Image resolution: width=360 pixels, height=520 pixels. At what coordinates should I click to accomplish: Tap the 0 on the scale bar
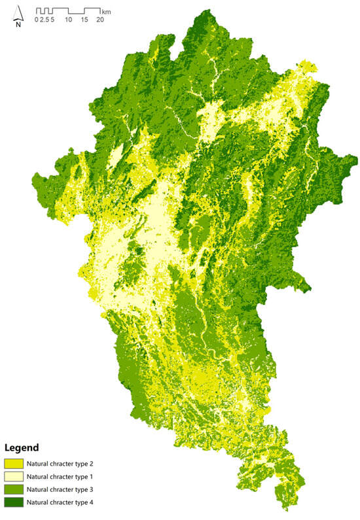click(x=37, y=20)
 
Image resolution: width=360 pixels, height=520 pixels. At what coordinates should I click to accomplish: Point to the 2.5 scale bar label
click(x=45, y=20)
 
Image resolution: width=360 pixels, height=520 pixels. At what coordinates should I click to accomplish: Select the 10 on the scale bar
click(x=68, y=20)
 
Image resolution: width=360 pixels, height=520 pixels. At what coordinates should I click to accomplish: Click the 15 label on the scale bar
click(x=84, y=20)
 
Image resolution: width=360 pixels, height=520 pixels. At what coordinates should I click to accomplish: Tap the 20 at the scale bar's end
click(x=100, y=20)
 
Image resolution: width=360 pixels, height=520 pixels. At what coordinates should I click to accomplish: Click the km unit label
click(x=106, y=11)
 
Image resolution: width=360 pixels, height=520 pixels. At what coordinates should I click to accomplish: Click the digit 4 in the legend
click(x=106, y=503)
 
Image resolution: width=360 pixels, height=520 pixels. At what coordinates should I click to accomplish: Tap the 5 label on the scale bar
click(x=52, y=20)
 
